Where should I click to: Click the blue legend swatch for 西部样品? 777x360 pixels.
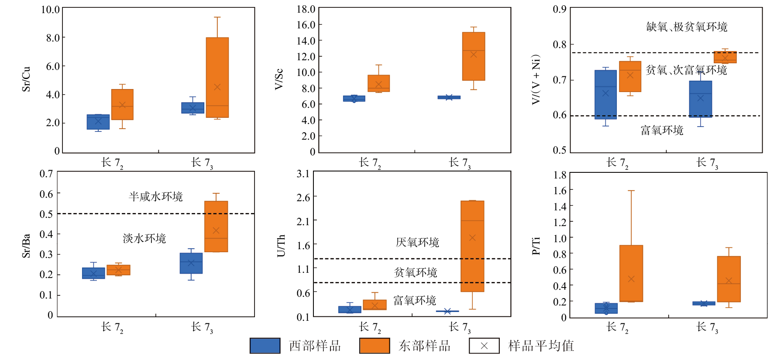click(265, 346)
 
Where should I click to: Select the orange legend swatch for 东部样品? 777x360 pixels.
click(375, 346)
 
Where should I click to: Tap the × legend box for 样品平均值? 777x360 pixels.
click(484, 346)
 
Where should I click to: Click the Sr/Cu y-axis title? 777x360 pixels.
click(26, 79)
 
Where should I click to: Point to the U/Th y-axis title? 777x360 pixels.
click(281, 246)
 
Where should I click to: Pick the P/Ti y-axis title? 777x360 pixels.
click(536, 246)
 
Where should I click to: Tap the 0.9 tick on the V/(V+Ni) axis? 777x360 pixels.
click(560, 9)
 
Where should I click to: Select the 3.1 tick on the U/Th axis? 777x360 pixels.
click(303, 174)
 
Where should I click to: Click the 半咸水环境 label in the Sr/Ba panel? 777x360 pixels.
click(155, 197)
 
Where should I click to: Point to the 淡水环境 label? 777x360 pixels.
click(144, 239)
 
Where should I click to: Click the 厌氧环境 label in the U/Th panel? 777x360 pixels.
click(417, 243)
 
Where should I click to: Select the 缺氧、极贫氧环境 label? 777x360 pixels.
click(687, 27)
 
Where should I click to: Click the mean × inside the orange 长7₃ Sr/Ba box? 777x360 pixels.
click(216, 230)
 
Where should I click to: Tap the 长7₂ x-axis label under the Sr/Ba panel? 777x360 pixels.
click(112, 327)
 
